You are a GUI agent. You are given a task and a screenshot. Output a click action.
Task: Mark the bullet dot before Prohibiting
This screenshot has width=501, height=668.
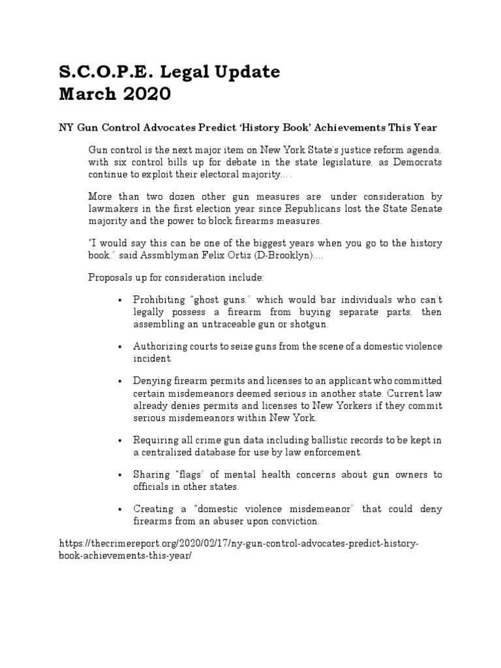coord(119,301)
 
